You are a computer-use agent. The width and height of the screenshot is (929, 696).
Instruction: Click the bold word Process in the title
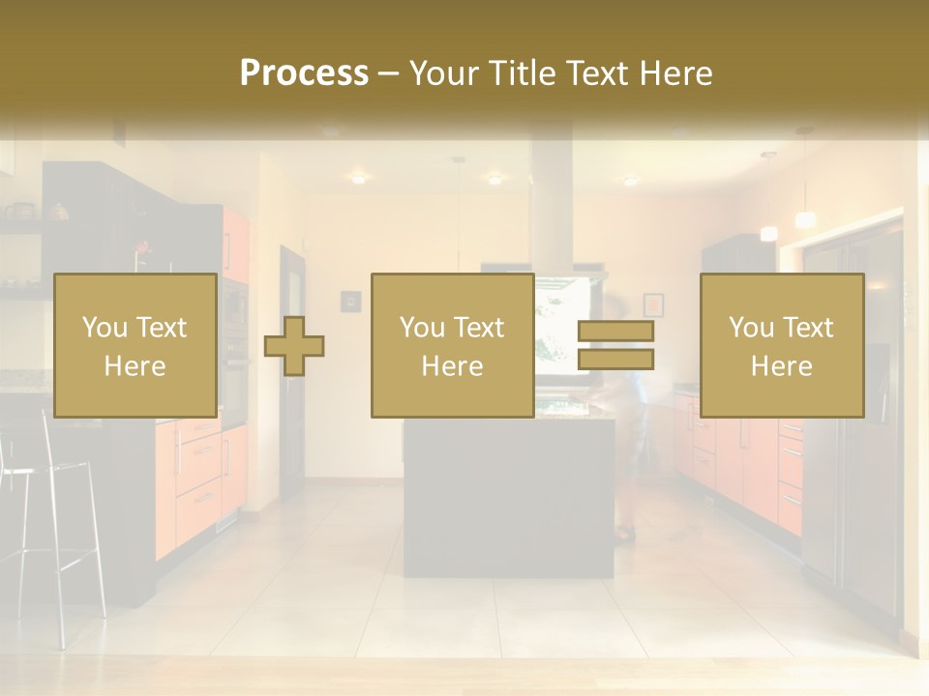(x=304, y=73)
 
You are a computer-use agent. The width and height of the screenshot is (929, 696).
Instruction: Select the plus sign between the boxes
(x=294, y=346)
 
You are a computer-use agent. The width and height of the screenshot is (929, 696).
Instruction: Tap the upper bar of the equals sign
(x=615, y=332)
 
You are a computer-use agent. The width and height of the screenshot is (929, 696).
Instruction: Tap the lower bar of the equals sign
(x=615, y=360)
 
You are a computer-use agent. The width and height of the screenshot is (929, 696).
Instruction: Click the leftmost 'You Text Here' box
(x=135, y=345)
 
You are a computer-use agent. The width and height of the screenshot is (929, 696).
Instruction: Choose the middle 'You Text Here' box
(x=452, y=345)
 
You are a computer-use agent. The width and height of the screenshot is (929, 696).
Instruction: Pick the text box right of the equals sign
(x=781, y=345)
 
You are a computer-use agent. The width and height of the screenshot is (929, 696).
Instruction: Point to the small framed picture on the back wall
(x=653, y=304)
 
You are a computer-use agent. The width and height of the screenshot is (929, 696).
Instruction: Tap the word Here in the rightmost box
(x=781, y=365)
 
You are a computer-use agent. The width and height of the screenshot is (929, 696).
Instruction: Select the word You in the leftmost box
(x=102, y=327)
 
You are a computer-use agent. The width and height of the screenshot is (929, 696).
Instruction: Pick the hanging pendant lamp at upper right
(x=805, y=217)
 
